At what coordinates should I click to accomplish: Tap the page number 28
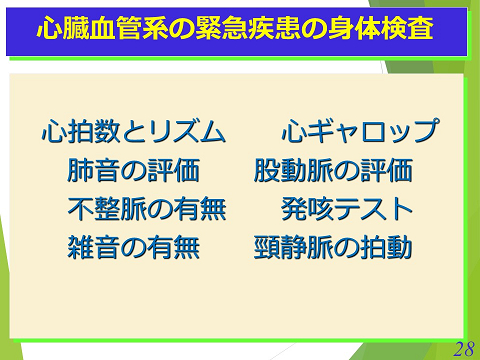462,348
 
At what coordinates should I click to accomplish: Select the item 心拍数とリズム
133,132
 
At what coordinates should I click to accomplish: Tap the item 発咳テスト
347,209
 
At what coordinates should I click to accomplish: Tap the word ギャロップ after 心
374,132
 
